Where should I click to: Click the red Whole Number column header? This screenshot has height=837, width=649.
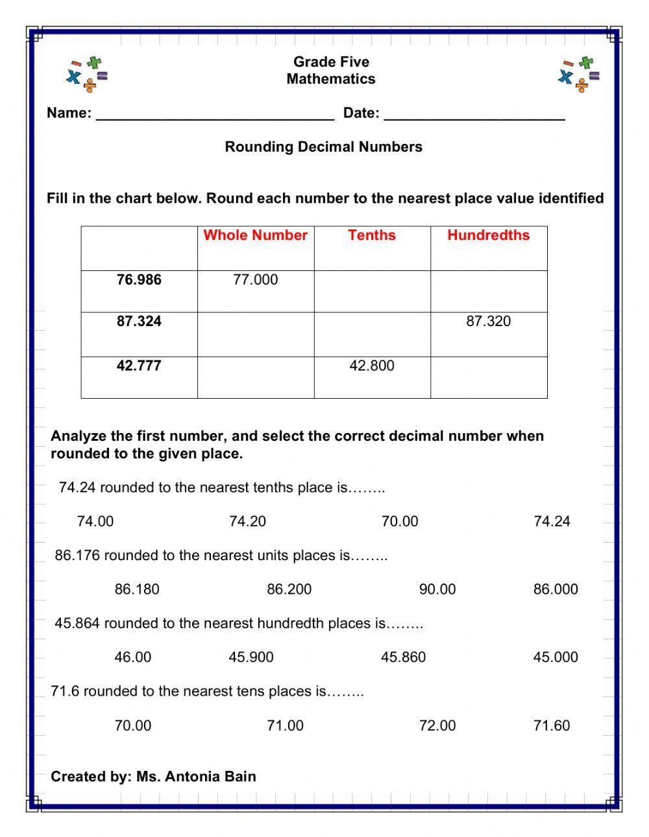pos(255,235)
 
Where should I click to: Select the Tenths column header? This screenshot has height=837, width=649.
pos(371,235)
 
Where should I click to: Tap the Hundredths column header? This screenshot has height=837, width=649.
pos(488,235)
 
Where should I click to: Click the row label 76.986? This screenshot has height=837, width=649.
pos(139,280)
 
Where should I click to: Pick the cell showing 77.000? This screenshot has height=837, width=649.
pos(255,280)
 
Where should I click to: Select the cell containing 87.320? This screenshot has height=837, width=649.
pos(488,322)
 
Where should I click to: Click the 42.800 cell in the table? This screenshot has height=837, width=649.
pos(371,366)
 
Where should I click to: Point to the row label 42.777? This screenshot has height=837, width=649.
pos(139,366)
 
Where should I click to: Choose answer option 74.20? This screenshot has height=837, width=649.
pos(247,521)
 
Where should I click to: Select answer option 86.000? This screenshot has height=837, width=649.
pos(556,589)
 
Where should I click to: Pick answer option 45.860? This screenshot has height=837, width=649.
pos(403,657)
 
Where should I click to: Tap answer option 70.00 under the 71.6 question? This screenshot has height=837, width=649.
pos(132,725)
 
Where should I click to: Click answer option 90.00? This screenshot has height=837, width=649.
pos(437,589)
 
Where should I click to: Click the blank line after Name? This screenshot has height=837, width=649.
pos(215,115)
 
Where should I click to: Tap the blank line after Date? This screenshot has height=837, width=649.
pos(474,115)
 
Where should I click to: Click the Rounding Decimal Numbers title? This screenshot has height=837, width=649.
pos(323,147)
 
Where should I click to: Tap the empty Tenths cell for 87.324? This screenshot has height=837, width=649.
pos(372,335)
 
